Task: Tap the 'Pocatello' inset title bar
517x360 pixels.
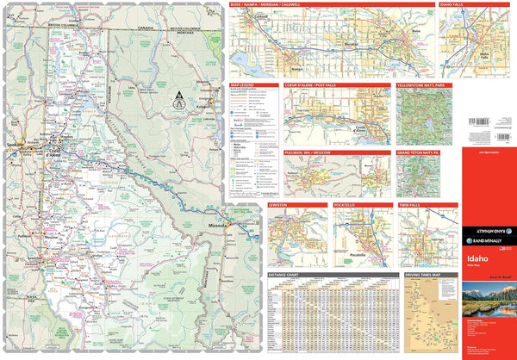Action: tap(349, 205)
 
